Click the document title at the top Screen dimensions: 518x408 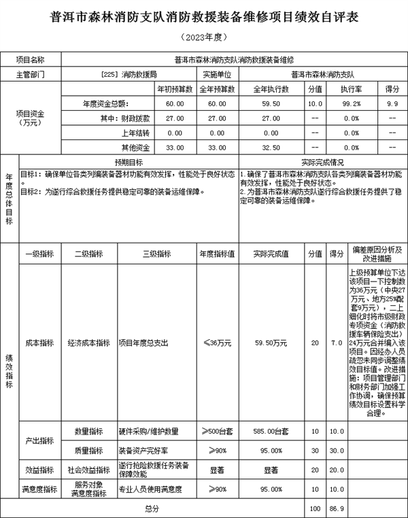[204, 16]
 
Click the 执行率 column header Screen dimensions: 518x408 [350, 88]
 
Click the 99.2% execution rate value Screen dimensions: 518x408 [350, 103]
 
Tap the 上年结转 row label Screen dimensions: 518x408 [134, 133]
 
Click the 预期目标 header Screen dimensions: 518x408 [128, 162]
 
